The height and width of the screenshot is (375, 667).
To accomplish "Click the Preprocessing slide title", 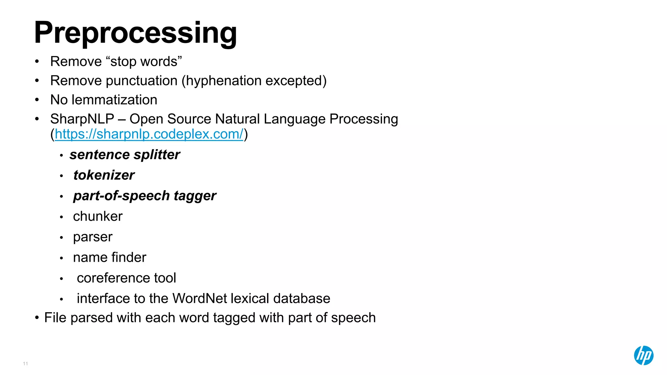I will pyautogui.click(x=135, y=33).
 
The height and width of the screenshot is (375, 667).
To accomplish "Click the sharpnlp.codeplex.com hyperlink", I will pyautogui.click(x=149, y=134).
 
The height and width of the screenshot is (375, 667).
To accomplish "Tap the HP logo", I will pyautogui.click(x=643, y=355).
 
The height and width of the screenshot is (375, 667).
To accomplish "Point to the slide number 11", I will pyautogui.click(x=25, y=364).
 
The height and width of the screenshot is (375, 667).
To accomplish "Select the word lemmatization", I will pyautogui.click(x=114, y=100).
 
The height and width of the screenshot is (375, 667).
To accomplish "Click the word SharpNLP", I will pyautogui.click(x=82, y=119).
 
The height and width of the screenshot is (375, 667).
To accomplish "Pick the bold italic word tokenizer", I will pyautogui.click(x=104, y=175).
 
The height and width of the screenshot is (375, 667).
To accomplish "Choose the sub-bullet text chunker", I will pyautogui.click(x=98, y=216).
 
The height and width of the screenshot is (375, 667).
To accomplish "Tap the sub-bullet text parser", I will pyautogui.click(x=92, y=237).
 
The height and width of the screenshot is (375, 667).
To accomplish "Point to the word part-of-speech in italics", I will pyautogui.click(x=121, y=196).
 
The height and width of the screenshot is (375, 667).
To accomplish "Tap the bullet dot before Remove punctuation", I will pyautogui.click(x=37, y=81).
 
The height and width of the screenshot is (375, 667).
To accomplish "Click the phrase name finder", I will pyautogui.click(x=109, y=257).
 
